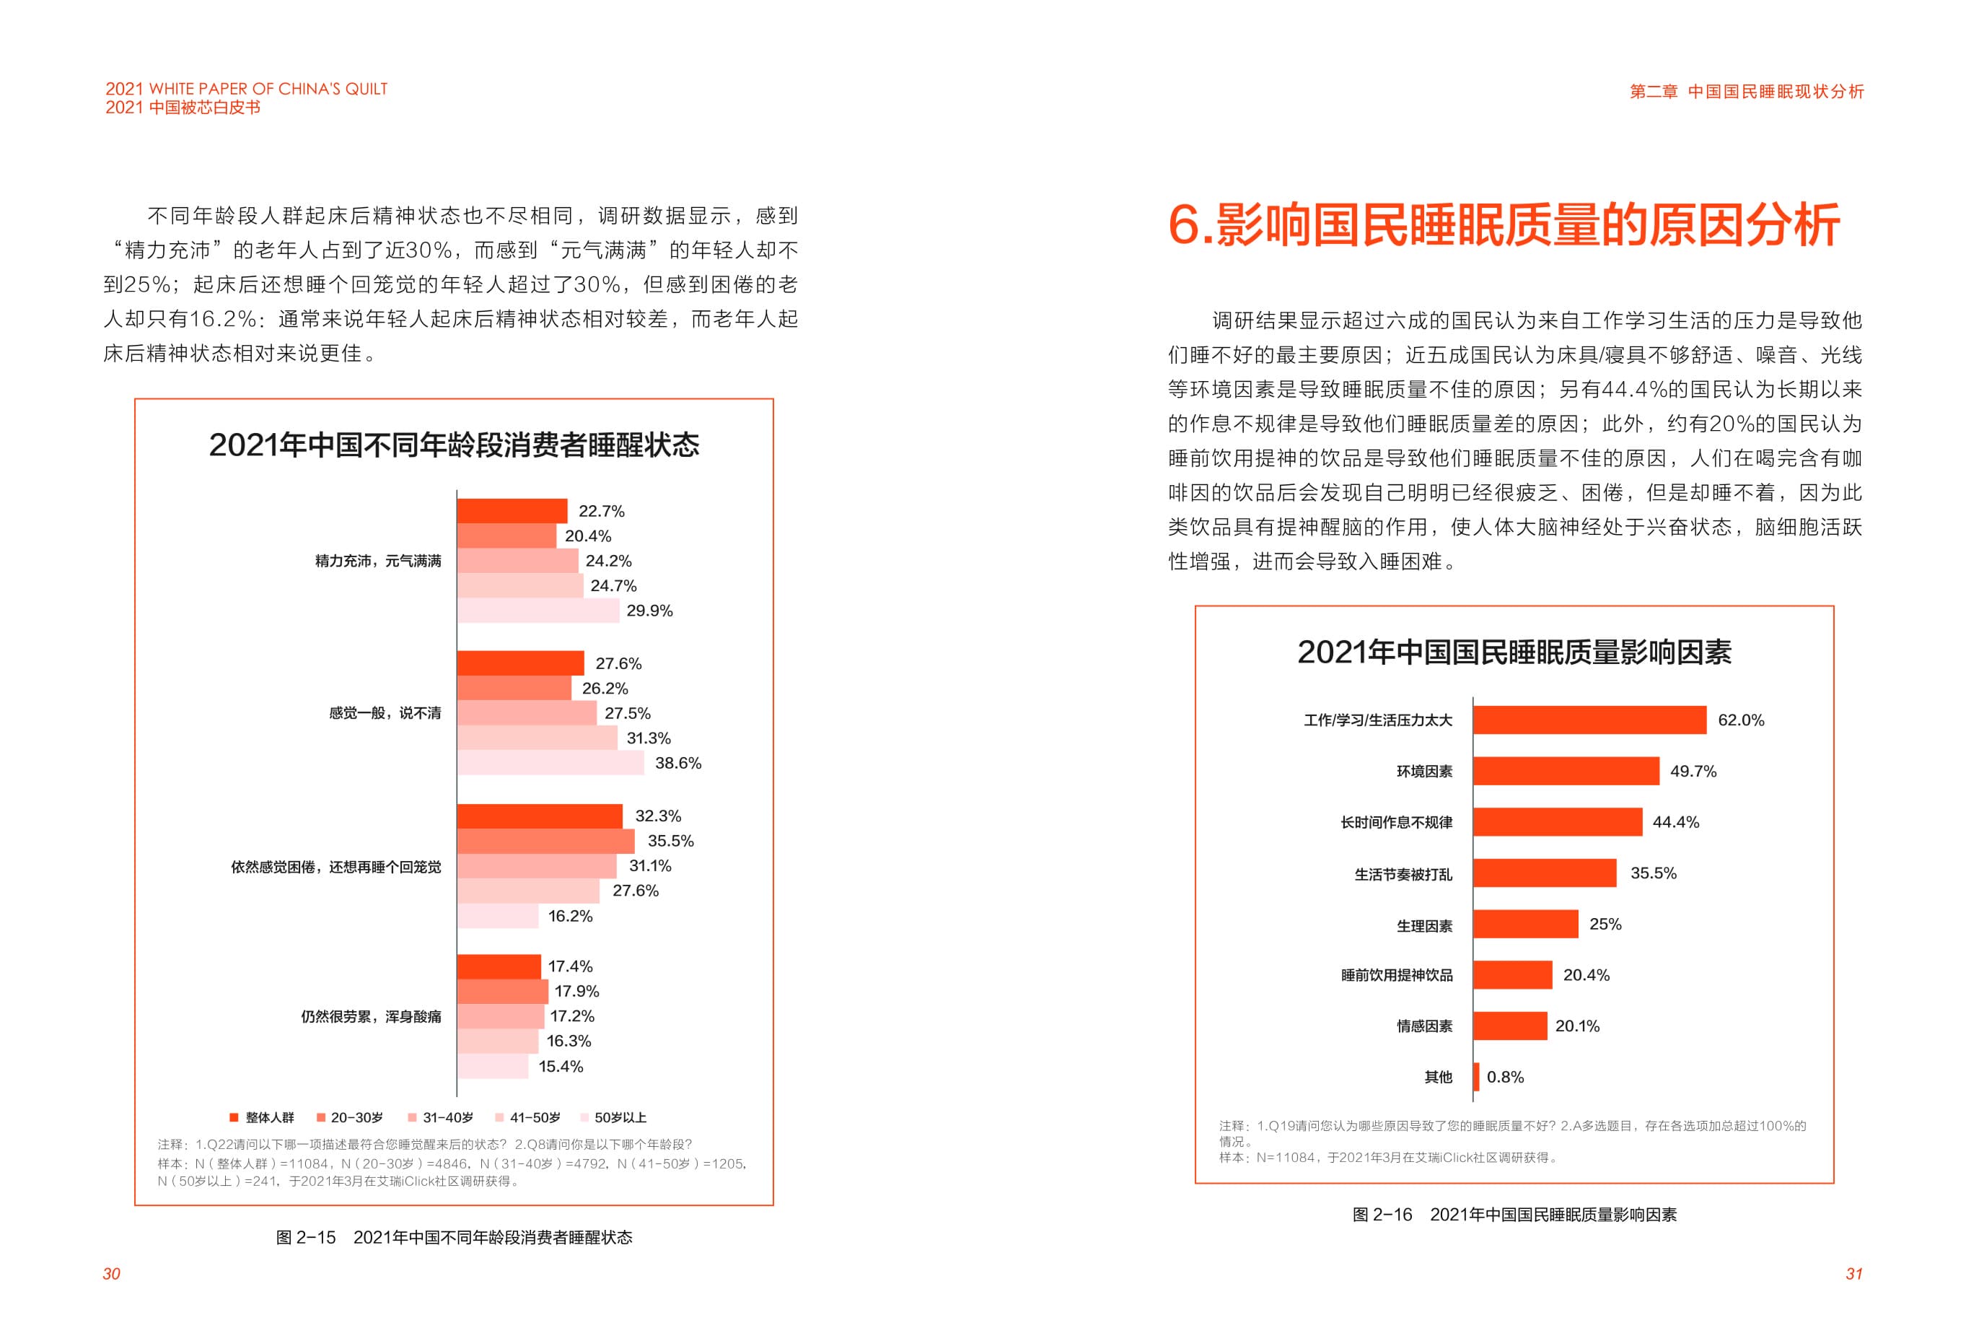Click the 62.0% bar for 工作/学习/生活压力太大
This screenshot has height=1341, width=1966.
(1589, 720)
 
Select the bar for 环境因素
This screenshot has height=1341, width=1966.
(1565, 771)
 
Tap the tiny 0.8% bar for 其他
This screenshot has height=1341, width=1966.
(1476, 1077)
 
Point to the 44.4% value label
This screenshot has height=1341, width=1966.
(1675, 822)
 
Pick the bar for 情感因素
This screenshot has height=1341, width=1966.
(1509, 1026)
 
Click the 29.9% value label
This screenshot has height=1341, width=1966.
(649, 611)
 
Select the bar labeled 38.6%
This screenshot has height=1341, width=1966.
(550, 763)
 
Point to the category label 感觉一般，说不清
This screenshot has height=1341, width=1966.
(385, 713)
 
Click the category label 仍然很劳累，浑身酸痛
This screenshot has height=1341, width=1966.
(371, 1016)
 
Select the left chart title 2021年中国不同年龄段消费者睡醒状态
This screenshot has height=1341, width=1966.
(455, 445)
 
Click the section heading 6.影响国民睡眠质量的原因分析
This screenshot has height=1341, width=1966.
(1504, 225)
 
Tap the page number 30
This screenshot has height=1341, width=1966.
(112, 1274)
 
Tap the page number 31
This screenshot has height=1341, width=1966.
(1853, 1274)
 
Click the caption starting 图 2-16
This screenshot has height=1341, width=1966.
(1514, 1215)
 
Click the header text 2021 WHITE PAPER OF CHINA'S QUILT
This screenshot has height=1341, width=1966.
(246, 89)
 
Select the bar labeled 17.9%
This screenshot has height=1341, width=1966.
(502, 992)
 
